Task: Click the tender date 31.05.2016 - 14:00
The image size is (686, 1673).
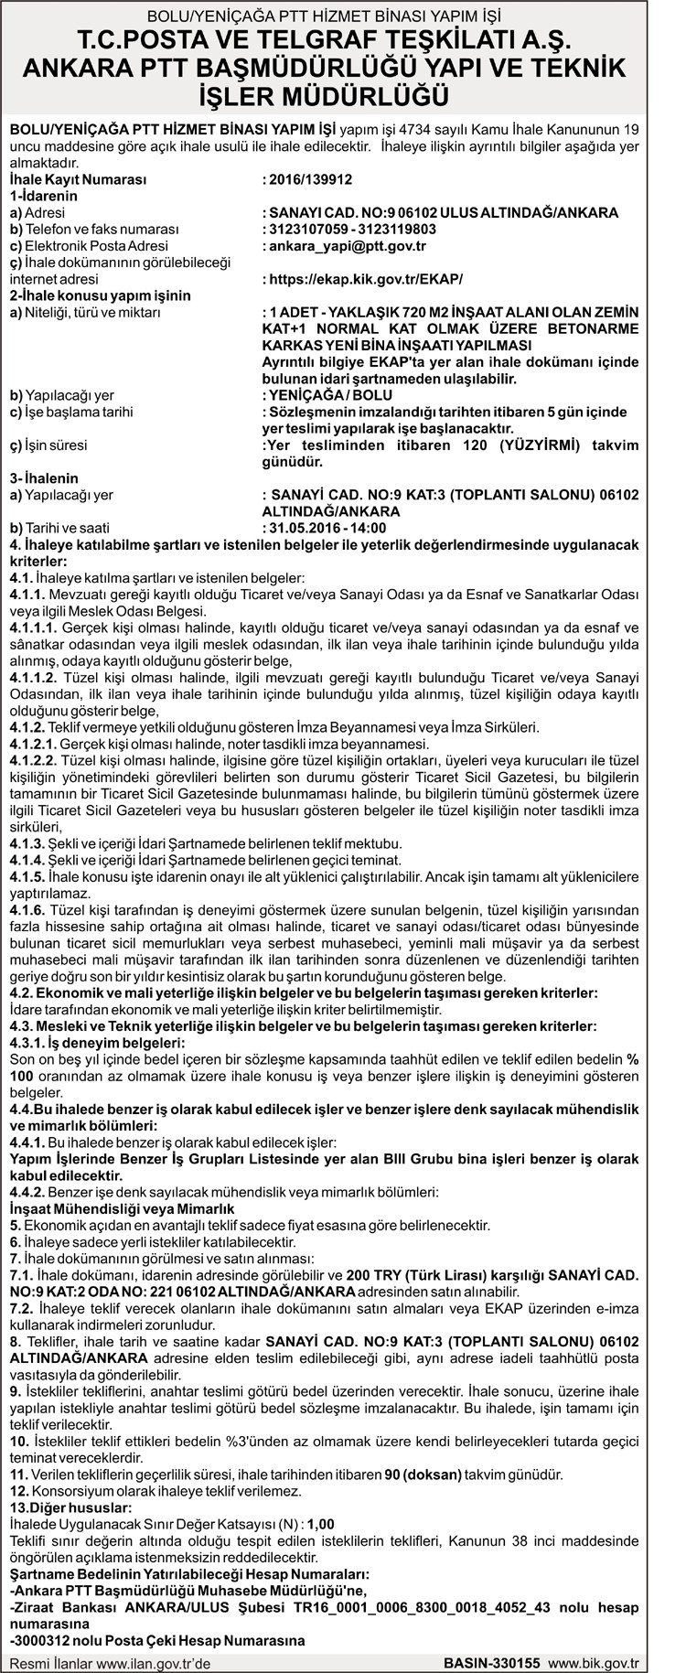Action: [x=327, y=528]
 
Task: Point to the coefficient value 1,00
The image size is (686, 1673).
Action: [x=320, y=1524]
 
